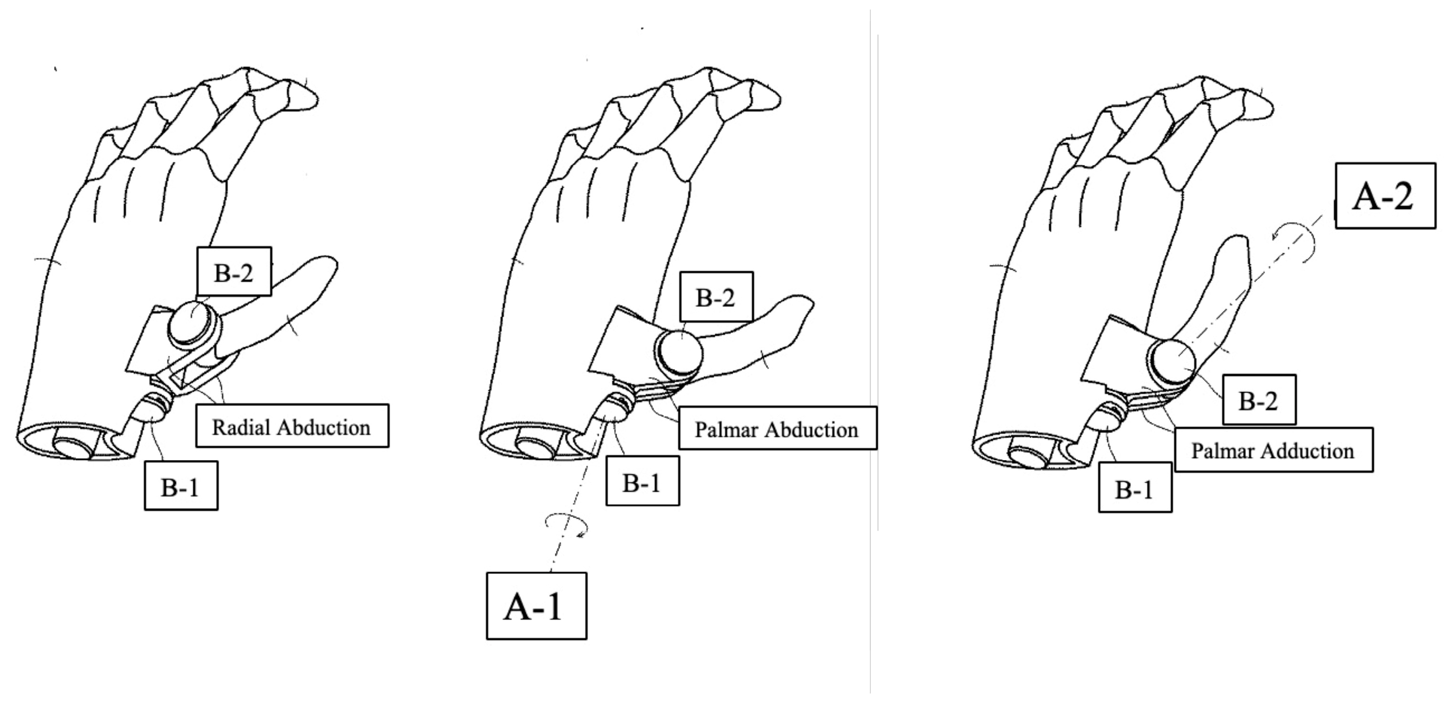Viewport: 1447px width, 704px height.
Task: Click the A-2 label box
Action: tap(1385, 196)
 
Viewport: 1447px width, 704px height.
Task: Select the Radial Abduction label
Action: tap(292, 426)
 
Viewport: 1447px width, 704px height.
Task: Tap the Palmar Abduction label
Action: tap(777, 429)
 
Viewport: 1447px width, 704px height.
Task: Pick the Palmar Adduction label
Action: tap(1273, 450)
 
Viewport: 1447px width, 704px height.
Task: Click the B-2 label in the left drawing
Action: tap(234, 272)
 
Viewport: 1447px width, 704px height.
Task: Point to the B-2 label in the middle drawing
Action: tap(716, 297)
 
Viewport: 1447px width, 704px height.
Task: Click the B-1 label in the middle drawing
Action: tap(642, 481)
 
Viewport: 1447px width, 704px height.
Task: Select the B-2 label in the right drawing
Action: tap(1259, 400)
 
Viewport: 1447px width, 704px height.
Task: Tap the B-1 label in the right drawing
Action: tap(1135, 487)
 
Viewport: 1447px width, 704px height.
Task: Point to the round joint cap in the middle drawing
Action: tap(680, 352)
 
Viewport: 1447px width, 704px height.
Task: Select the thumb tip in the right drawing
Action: tap(1233, 247)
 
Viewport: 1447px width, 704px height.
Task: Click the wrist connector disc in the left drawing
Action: tap(76, 449)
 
